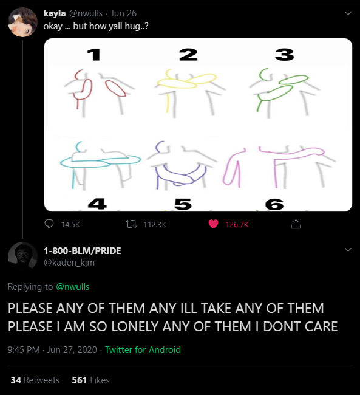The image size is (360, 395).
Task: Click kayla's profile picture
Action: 22,22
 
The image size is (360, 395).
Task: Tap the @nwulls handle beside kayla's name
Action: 86,13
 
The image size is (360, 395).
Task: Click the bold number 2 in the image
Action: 188,55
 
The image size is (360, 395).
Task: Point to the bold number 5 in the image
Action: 183,204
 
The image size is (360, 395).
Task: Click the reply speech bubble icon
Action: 49,224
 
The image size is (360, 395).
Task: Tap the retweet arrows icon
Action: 132,224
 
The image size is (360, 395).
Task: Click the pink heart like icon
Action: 213,224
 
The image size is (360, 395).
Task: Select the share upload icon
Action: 296,224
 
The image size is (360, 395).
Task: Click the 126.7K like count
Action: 237,224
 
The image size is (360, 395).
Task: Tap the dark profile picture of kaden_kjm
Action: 22,256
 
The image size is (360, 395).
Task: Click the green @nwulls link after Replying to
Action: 72,287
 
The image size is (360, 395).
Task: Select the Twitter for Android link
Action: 143,350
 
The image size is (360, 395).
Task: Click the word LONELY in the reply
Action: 135,326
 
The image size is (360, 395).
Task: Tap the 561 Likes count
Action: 90,380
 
